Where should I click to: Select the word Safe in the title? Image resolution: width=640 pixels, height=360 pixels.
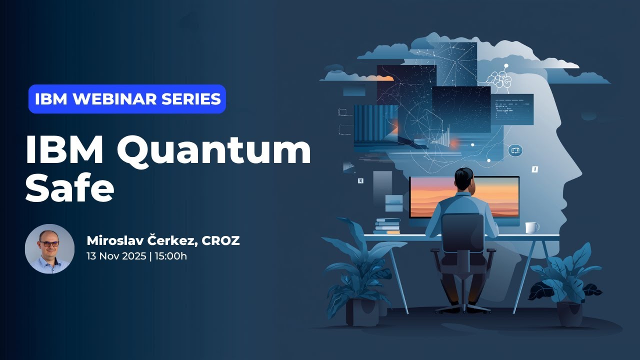click(x=70, y=187)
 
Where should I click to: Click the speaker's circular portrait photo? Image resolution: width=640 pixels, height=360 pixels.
click(x=49, y=248)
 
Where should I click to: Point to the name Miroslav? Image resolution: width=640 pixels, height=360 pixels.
click(x=116, y=240)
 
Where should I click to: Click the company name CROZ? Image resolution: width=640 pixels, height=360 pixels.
click(x=220, y=241)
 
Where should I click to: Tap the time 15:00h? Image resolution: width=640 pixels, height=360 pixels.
click(x=171, y=256)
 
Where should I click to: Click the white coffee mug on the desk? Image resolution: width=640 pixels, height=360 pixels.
click(x=532, y=227)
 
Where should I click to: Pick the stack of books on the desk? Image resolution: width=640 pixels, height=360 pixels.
click(x=386, y=226)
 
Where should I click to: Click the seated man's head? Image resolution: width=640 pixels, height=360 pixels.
click(x=464, y=179)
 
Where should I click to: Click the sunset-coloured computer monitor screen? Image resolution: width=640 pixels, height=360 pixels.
click(x=464, y=197)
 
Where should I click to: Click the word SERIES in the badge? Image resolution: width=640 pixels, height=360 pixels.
click(x=191, y=99)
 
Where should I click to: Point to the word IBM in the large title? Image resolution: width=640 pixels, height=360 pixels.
click(x=64, y=149)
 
